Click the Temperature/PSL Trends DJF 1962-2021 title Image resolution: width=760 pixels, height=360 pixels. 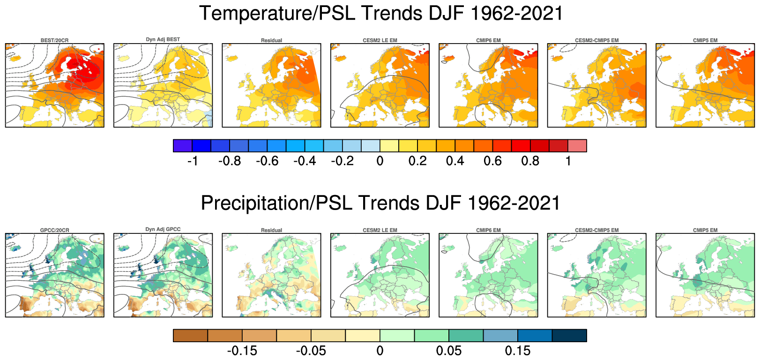pos(380,13)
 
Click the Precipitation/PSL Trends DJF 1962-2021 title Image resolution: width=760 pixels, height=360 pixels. pos(380,203)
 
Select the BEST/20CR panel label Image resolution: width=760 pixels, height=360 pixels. pos(54,40)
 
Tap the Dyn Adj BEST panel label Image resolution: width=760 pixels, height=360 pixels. pos(163,39)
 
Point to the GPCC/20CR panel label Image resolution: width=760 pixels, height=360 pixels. pos(54,230)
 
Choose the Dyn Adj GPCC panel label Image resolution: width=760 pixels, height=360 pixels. pos(163,229)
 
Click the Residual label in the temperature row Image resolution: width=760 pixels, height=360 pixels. pos(271,40)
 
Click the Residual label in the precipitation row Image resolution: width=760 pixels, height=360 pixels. pos(271,230)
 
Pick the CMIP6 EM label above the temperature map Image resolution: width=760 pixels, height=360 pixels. pos(488,40)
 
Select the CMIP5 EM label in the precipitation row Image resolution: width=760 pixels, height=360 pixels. pos(705,230)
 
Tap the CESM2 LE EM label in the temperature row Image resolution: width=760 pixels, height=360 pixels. pos(380,40)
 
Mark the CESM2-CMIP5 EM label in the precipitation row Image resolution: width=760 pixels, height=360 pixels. pos(596,230)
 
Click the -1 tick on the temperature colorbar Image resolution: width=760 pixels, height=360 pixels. pos(193,161)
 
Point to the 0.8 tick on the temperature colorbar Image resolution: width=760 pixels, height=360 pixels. pos(530,161)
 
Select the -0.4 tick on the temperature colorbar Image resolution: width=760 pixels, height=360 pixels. pos(305,161)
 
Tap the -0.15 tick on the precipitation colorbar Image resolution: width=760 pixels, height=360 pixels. pos(242,351)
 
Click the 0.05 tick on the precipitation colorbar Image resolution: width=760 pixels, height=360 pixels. pos(449,351)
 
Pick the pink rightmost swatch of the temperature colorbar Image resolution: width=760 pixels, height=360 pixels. pos(577,146)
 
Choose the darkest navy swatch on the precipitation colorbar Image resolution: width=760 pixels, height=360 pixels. pos(569,336)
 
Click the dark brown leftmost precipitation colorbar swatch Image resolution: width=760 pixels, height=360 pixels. pos(190,336)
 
